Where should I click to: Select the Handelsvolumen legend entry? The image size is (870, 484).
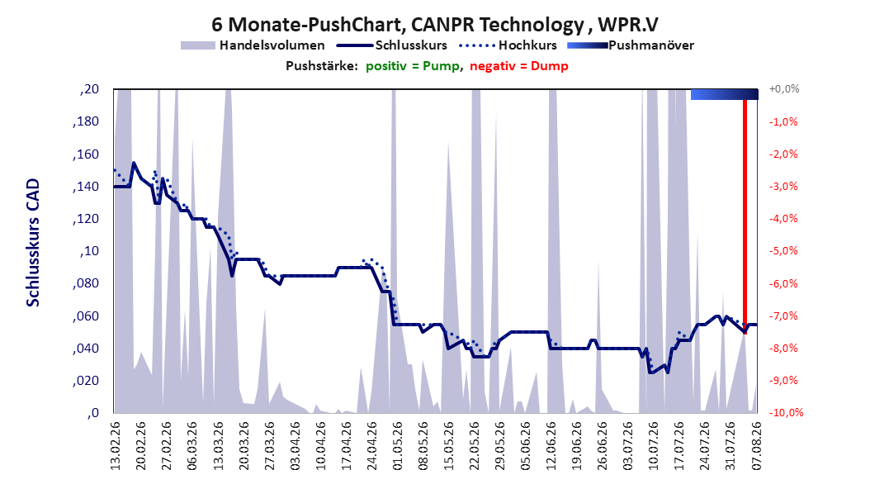[x=253, y=45]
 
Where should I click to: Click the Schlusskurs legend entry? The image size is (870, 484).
[x=392, y=45]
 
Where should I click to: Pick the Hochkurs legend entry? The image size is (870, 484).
[x=508, y=45]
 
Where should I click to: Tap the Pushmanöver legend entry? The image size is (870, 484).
[x=631, y=45]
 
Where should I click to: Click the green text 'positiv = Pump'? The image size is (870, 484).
[x=412, y=66]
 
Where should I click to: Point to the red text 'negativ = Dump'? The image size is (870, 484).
[x=519, y=66]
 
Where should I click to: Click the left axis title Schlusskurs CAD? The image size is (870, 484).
[x=33, y=243]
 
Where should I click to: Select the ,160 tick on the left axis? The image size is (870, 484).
[x=86, y=154]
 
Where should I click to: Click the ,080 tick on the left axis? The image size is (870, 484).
[x=86, y=283]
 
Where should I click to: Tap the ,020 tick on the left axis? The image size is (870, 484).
[x=86, y=380]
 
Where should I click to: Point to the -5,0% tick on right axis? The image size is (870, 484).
[x=783, y=251]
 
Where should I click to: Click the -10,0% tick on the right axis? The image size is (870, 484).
[x=786, y=412]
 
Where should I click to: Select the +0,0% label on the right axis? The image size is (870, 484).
[x=784, y=89]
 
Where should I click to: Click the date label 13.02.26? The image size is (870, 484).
[x=116, y=446]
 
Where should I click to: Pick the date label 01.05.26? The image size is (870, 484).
[x=397, y=446]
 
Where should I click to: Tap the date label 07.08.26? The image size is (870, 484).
[x=756, y=446]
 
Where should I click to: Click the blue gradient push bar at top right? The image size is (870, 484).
[x=724, y=94]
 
